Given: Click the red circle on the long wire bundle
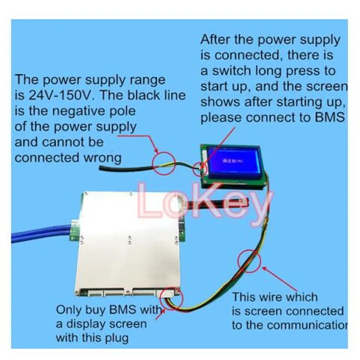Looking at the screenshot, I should point(249,261).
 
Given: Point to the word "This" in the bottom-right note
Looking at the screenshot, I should point(245,297).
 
